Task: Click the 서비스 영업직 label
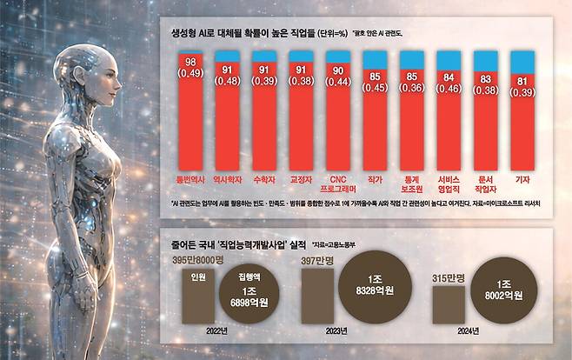[x=449, y=182]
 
